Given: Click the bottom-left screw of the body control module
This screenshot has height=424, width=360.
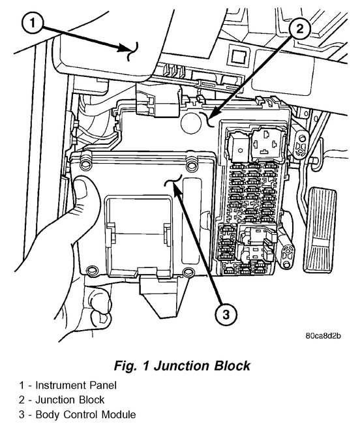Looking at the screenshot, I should pyautogui.click(x=90, y=268).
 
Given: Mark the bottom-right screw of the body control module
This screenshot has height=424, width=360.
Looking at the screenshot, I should pyautogui.click(x=188, y=272).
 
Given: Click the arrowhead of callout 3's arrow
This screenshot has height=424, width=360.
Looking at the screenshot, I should pyautogui.click(x=177, y=186).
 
